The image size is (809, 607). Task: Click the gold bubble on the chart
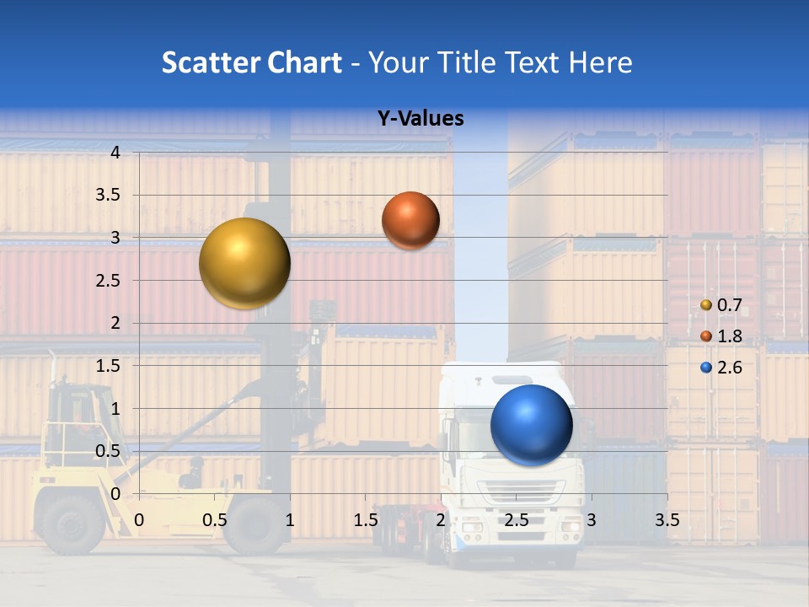click(x=244, y=263)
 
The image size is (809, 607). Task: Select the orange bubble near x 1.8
click(x=410, y=220)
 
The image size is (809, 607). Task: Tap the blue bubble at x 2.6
click(x=531, y=425)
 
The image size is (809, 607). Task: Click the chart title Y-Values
click(x=420, y=119)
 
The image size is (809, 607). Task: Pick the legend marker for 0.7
click(x=706, y=305)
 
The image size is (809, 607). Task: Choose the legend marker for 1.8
click(x=706, y=336)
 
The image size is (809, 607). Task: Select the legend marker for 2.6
click(x=706, y=368)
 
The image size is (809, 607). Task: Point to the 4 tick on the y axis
click(x=116, y=153)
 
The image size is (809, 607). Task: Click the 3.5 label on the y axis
click(x=108, y=195)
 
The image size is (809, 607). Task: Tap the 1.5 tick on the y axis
click(x=108, y=366)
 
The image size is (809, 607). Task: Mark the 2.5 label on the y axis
click(x=108, y=281)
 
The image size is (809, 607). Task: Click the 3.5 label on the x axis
click(x=667, y=520)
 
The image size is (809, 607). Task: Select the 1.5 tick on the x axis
click(x=366, y=520)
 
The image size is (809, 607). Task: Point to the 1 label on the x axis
click(x=290, y=520)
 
